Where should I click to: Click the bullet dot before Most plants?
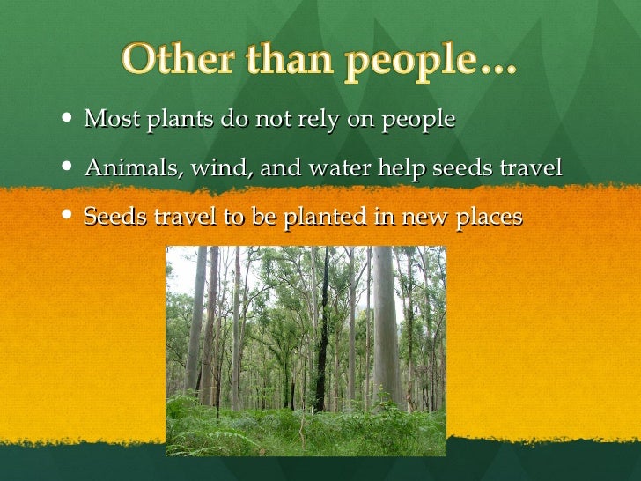(70, 119)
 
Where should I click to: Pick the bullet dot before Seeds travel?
(70, 216)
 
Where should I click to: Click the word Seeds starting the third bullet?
(113, 216)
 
